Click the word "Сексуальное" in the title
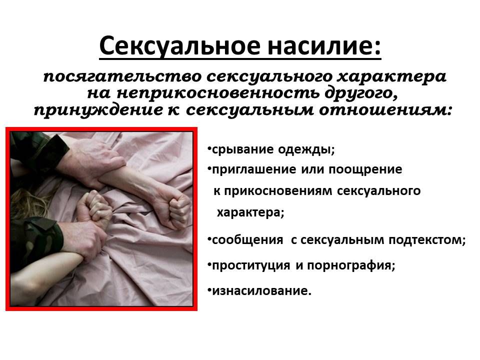[x=180, y=46]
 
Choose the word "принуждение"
[x=98, y=110]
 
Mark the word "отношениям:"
[x=385, y=110]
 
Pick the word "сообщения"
[x=247, y=239]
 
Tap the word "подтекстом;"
[x=427, y=239]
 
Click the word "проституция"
[x=250, y=265]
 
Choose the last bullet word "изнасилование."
[x=261, y=290]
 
